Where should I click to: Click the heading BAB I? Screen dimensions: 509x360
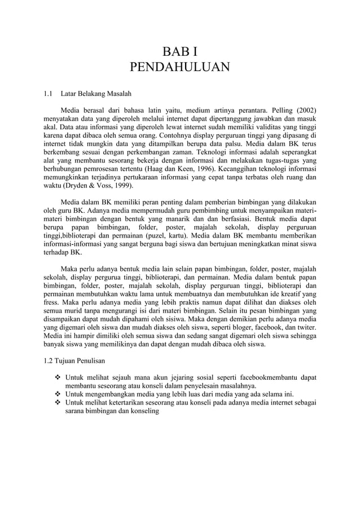pyautogui.click(x=179, y=53)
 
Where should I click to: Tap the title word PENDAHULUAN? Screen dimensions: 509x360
pyautogui.click(x=179, y=69)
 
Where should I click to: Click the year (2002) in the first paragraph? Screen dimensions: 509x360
pyautogui.click(x=304, y=109)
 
